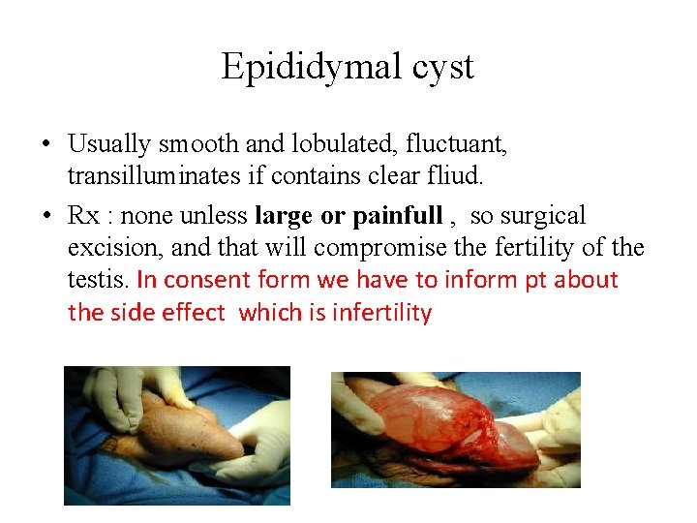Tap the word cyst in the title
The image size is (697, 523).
tap(440, 67)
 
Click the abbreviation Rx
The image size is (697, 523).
tap(81, 215)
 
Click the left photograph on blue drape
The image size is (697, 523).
tap(176, 435)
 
